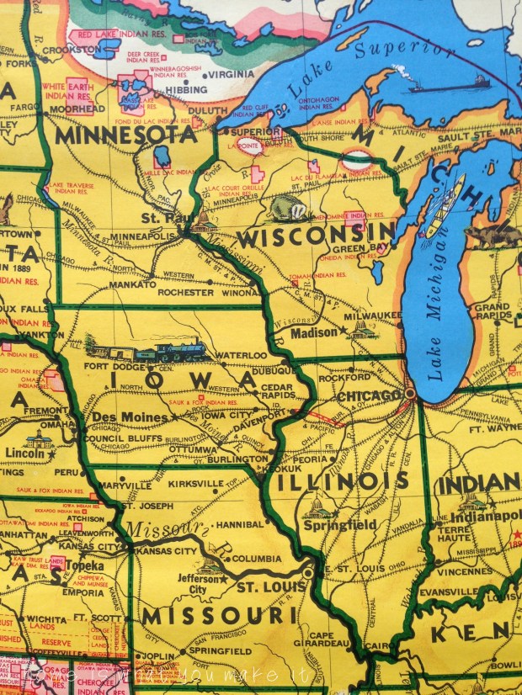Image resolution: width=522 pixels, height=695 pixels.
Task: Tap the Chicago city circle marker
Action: coord(410,393)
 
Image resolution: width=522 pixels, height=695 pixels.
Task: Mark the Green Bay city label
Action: coord(356,247)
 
